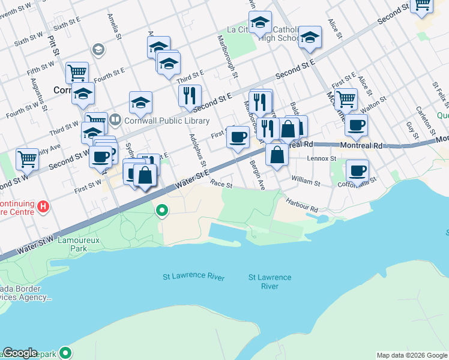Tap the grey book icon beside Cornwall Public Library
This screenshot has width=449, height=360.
(115, 119)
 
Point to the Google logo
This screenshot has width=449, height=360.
(20, 353)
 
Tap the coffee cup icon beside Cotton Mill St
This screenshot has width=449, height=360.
(357, 170)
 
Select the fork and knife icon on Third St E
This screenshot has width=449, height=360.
(190, 94)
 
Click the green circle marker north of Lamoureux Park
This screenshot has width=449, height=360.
(161, 211)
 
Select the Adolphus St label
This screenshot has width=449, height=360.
(198, 151)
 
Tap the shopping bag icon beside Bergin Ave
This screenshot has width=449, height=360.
(277, 155)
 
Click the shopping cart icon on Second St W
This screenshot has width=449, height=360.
(28, 159)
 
